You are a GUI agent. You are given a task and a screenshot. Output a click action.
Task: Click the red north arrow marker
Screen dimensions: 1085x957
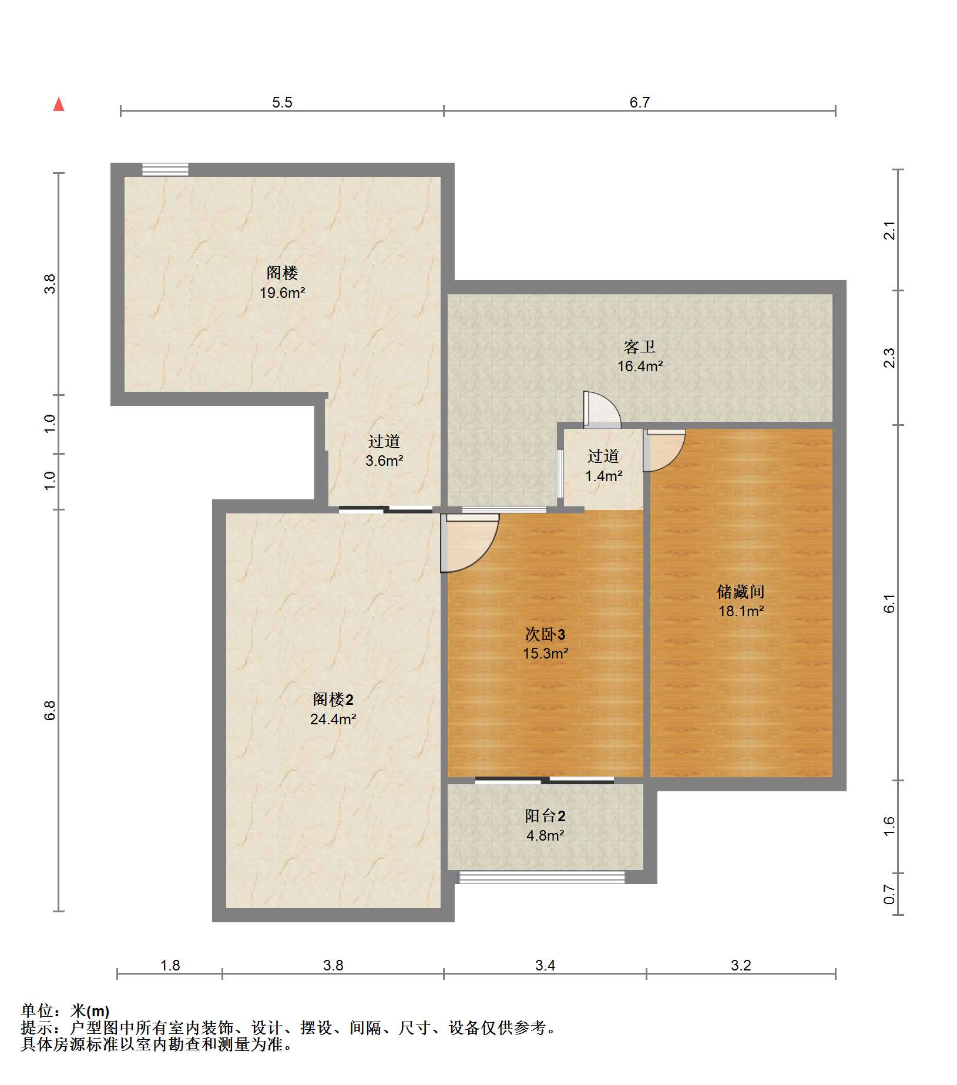(59, 105)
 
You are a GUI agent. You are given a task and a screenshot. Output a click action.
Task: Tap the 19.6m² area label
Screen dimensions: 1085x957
(282, 293)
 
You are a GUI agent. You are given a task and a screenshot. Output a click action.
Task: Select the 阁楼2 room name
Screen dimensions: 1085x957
(333, 700)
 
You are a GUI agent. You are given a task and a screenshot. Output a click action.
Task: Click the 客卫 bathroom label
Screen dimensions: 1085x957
(640, 347)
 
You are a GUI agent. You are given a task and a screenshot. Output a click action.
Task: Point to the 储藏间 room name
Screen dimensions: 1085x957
(741, 592)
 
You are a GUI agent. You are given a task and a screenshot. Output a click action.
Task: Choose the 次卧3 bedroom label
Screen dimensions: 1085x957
(545, 634)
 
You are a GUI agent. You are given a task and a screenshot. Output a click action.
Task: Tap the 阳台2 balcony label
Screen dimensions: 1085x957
(545, 816)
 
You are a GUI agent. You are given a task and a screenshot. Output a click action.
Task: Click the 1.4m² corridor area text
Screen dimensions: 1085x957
(603, 476)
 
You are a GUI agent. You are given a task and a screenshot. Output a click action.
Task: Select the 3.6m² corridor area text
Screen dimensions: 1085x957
(384, 461)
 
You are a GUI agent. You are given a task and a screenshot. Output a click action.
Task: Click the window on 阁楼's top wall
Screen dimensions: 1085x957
(165, 170)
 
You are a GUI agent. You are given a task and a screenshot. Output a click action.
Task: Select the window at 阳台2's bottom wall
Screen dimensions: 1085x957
(542, 878)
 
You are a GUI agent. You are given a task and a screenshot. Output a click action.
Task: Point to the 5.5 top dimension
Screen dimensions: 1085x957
(282, 103)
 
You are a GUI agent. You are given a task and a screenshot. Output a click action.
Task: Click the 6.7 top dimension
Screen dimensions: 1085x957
(640, 103)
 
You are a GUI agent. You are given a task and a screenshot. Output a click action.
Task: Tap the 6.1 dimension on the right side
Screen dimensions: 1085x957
(889, 603)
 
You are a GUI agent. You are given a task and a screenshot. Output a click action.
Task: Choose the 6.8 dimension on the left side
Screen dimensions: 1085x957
(51, 711)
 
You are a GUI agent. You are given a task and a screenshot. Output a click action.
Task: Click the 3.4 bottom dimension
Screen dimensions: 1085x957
(545, 965)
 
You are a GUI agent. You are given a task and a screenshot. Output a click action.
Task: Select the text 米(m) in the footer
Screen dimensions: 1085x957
(90, 1011)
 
